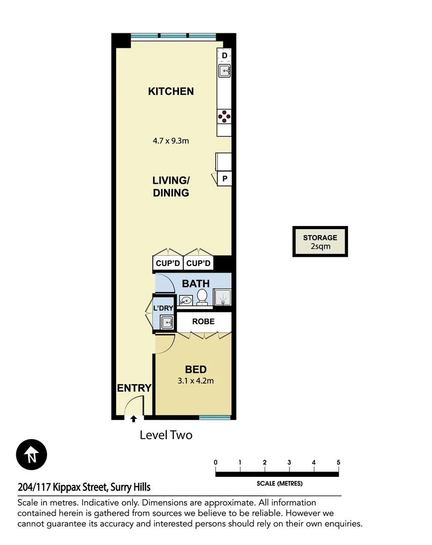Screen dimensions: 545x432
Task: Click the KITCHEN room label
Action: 171,91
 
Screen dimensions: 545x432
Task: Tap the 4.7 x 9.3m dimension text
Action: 171,141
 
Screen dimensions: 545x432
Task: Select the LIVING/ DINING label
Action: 171,186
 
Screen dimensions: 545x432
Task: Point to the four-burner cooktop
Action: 224,117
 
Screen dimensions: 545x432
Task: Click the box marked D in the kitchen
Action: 224,55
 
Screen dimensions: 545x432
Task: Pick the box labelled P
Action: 224,179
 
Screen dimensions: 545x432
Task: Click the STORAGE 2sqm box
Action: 320,242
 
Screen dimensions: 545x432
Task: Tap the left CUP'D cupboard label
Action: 168,263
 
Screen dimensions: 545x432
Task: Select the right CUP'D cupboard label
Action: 199,263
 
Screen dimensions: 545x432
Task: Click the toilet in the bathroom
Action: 202,297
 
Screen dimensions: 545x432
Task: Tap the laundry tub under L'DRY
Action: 166,321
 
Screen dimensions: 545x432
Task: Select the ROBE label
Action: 203,321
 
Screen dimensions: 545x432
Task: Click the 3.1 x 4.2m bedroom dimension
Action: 196,381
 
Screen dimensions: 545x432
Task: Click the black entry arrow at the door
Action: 133,419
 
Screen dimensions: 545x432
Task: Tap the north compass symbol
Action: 31,455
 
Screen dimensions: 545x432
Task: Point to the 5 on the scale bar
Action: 338,462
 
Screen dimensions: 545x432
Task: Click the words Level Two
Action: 166,435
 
